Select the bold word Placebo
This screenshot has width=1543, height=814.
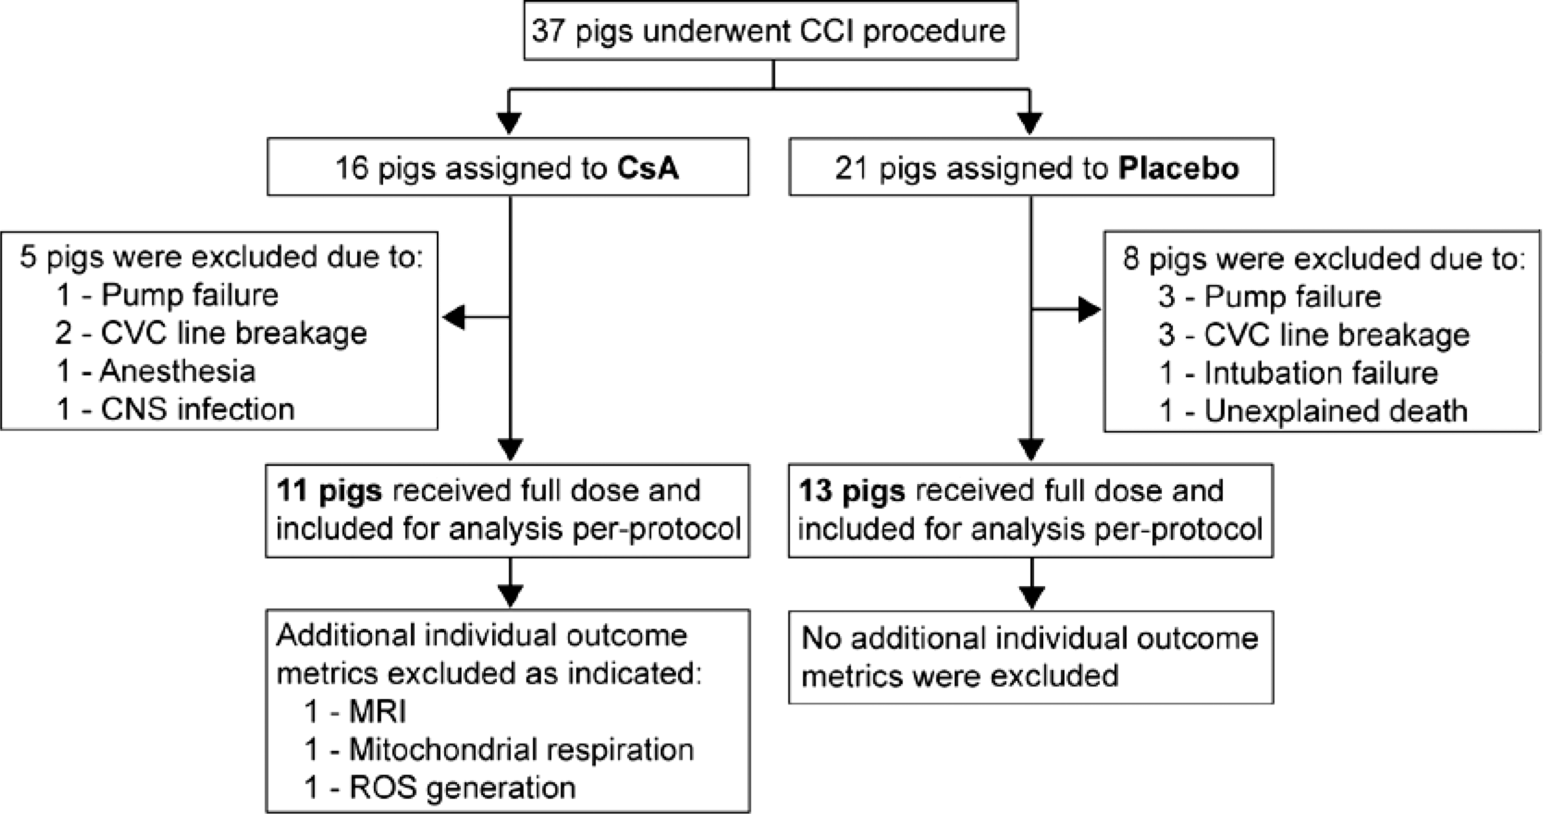coord(1178,168)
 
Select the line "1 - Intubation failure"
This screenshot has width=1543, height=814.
coord(1298,372)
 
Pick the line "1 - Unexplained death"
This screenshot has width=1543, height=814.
coord(1314,411)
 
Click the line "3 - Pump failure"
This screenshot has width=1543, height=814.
coord(1270,296)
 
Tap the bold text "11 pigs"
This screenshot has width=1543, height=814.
coord(329,491)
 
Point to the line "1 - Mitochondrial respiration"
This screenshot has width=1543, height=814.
coord(499,749)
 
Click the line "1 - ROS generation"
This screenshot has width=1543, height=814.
coord(440,787)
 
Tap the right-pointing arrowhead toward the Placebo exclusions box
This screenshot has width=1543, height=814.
coord(1090,310)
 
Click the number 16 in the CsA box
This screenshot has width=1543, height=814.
coord(351,168)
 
